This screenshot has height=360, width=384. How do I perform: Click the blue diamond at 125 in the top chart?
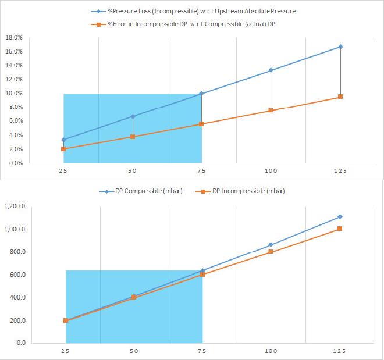coord(340,47)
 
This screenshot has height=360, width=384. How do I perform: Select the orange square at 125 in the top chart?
coord(340,97)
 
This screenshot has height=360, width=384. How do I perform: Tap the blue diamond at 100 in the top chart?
coord(271,70)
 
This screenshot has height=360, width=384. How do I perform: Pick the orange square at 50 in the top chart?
coord(133,137)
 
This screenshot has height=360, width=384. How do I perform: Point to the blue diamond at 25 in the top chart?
coord(63,140)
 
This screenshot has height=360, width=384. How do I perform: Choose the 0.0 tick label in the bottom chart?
coord(20,343)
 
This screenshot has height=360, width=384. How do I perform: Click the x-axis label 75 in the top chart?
coord(201,170)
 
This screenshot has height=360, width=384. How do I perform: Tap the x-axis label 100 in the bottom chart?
coord(271,351)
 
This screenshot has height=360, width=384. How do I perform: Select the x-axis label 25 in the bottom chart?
coord(65,351)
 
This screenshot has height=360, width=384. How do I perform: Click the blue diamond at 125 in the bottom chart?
coord(340,217)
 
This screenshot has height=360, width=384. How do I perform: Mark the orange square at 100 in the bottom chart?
coord(271,252)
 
